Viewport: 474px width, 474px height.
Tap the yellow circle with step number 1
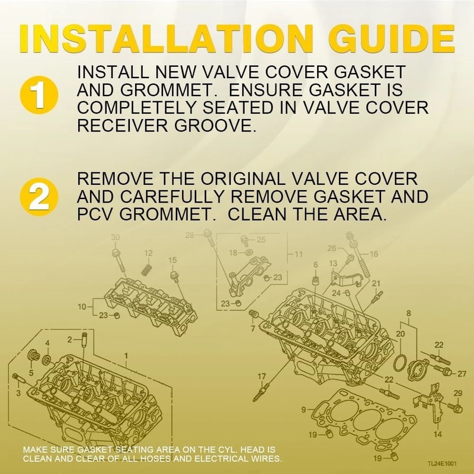click(39, 95)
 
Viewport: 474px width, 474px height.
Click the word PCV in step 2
click(95, 214)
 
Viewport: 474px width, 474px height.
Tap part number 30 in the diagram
click(116, 238)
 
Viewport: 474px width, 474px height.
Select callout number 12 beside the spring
click(148, 253)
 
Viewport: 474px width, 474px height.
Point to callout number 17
click(261, 376)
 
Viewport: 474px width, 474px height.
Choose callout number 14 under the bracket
click(437, 434)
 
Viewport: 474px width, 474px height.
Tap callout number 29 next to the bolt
click(457, 393)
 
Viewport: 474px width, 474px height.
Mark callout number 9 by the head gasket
click(303, 409)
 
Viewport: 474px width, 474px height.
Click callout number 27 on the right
click(462, 373)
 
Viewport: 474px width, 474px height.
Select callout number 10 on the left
click(82, 306)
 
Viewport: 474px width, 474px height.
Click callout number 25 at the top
click(261, 239)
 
